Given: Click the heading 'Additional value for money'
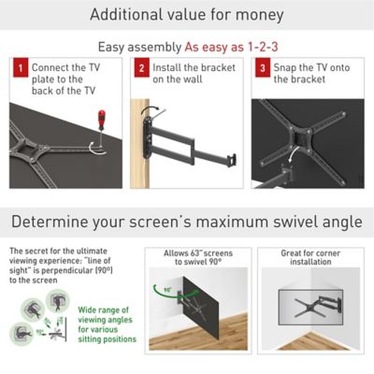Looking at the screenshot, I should [x=187, y=16].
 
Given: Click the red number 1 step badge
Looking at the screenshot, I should [x=19, y=69].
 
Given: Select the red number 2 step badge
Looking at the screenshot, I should [x=139, y=69].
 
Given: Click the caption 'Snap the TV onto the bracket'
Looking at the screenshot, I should [x=310, y=75].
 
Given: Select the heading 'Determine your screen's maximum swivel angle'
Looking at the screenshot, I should [x=187, y=223].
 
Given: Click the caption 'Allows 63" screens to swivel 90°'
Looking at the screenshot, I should [x=195, y=258].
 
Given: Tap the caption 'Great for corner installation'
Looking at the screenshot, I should [x=310, y=258].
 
